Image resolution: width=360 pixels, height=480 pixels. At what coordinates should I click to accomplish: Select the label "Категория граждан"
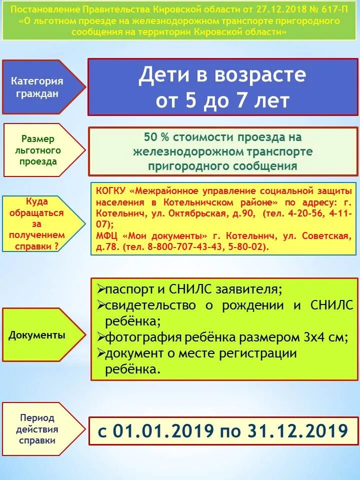point(37,87)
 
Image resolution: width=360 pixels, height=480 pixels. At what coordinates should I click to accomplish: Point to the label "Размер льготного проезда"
point(38,150)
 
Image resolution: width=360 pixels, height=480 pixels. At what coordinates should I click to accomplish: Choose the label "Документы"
point(37,335)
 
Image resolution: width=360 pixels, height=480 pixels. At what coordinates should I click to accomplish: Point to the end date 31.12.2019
point(297,431)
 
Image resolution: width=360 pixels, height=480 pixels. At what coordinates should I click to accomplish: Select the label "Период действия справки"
point(38,429)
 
